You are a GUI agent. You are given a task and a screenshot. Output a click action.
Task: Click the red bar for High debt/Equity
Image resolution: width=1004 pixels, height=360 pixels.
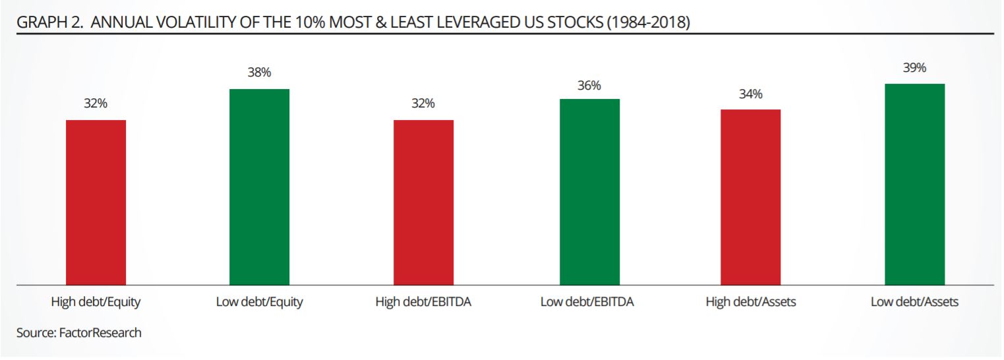(x=96, y=202)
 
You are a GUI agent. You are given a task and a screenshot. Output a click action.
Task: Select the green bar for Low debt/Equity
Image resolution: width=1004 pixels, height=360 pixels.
(x=259, y=187)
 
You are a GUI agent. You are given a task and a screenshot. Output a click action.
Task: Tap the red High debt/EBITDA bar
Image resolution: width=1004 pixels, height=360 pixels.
(x=423, y=202)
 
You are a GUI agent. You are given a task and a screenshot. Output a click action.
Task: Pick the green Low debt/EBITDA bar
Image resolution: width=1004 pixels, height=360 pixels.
(x=589, y=191)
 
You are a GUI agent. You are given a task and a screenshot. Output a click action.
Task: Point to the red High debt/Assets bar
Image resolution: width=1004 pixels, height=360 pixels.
(x=750, y=196)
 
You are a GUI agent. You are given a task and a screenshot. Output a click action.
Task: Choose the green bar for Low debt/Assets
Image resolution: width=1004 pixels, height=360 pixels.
(x=914, y=184)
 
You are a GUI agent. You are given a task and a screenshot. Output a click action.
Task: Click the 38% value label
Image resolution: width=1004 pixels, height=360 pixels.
(x=259, y=73)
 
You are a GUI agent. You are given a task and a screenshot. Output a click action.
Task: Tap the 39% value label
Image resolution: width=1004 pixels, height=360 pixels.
(x=914, y=68)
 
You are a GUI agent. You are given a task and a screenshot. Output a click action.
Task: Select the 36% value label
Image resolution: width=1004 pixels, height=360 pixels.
(x=589, y=86)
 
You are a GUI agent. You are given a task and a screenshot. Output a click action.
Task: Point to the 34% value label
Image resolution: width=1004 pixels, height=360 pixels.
(x=750, y=94)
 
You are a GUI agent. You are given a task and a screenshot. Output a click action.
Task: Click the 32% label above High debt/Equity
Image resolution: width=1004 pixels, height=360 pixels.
(x=96, y=104)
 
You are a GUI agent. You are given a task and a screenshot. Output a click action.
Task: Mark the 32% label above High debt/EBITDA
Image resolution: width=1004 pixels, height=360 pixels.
(x=423, y=104)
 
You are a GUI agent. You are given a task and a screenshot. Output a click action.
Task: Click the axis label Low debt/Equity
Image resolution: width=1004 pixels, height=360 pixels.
(x=259, y=303)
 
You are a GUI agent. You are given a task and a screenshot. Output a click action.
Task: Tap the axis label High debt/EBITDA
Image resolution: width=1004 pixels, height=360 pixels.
(x=423, y=303)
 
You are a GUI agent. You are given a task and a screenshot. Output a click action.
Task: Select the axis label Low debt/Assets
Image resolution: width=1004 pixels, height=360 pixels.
(x=914, y=303)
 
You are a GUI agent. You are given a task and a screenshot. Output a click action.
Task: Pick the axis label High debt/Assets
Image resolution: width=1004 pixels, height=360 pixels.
(x=750, y=303)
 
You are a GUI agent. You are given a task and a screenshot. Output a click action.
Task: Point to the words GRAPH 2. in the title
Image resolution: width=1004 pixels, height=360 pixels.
(x=49, y=23)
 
